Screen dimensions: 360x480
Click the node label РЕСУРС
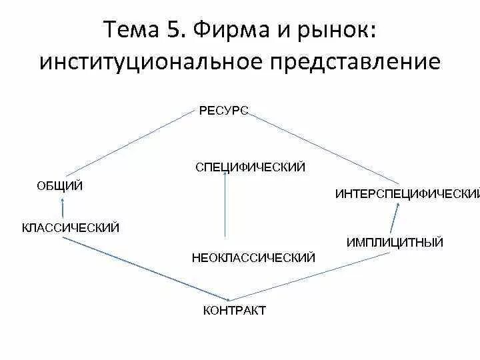point(223,111)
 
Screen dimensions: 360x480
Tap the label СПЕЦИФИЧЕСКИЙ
point(250,167)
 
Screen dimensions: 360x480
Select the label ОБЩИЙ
point(59,186)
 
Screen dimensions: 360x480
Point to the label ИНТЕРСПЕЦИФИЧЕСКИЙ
point(407,194)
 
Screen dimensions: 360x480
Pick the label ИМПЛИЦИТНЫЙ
point(395,243)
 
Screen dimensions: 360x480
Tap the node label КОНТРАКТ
point(234,311)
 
